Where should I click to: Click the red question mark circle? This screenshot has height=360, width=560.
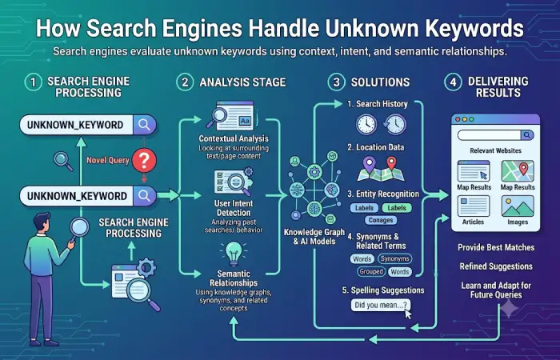pos(144,161)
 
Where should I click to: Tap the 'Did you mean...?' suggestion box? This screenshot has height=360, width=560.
pos(381,306)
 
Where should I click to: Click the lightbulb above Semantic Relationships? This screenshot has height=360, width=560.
pos(234,254)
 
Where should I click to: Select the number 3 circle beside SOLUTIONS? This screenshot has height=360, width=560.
pos(336,82)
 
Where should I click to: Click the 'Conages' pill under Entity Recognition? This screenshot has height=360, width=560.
pos(381,220)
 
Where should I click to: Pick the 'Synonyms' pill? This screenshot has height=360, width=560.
pos(394,258)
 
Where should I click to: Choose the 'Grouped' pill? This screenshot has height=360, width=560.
pos(371,272)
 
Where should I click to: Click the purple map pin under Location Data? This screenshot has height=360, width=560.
pos(369,164)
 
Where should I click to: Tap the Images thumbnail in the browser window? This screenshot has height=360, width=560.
pos(518,206)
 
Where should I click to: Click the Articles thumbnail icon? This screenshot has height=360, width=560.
pos(474,206)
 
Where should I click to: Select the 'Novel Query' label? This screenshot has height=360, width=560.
pos(108,160)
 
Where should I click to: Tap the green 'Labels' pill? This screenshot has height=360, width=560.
pos(397,208)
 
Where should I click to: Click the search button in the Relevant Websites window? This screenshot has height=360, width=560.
pos(526,135)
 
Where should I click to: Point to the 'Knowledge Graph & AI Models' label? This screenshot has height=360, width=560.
pos(314,237)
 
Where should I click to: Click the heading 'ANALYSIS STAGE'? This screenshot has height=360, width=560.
pos(242,82)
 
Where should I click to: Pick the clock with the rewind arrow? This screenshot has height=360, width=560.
pos(394,124)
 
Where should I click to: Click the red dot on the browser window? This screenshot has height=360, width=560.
pos(458,119)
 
